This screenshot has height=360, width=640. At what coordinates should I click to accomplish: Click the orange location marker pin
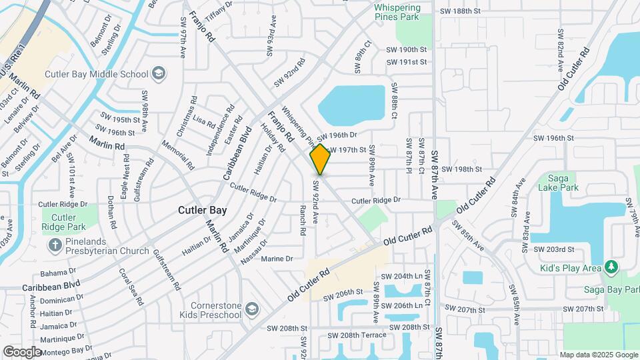[x=320, y=159]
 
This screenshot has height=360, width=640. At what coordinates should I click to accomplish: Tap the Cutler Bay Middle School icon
[x=159, y=73]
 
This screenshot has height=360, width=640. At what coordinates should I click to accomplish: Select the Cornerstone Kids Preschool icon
[x=251, y=308]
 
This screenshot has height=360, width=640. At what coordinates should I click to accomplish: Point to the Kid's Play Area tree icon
[x=611, y=267]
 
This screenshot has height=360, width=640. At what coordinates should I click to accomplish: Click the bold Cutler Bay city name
[x=202, y=210]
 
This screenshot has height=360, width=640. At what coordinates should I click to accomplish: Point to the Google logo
[x=22, y=351]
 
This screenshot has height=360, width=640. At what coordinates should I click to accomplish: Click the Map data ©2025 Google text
[x=599, y=355]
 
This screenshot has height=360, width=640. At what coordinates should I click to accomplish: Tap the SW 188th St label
[x=460, y=11]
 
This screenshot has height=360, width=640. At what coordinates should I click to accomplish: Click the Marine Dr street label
[x=277, y=259]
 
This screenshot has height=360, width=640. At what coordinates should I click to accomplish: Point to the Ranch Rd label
[x=302, y=221]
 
